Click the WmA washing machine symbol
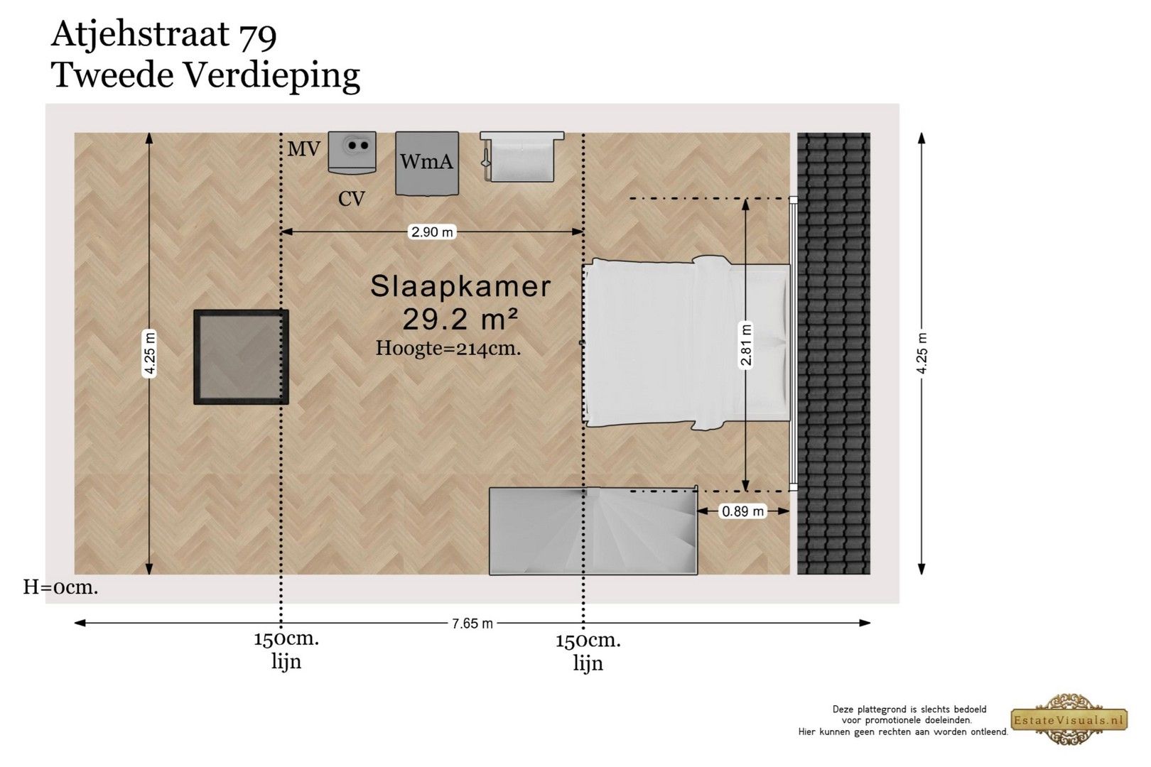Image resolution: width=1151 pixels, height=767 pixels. [426, 163]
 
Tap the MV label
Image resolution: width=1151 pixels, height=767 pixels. [303, 149]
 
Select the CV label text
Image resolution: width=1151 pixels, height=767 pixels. [352, 199]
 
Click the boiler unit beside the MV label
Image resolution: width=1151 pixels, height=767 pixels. [352, 152]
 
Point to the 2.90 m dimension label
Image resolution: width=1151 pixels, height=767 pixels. [432, 232]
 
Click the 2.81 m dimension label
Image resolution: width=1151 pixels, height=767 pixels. [746, 344]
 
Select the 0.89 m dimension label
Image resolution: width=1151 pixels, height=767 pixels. [742, 511]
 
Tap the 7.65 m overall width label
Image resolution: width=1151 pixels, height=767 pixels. [472, 624]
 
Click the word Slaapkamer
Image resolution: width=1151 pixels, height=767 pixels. [460, 286]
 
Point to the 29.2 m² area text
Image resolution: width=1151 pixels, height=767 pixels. [460, 320]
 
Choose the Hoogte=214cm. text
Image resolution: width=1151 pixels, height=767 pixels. [448, 348]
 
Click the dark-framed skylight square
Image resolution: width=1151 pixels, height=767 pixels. [241, 357]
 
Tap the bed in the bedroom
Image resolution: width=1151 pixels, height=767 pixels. [686, 343]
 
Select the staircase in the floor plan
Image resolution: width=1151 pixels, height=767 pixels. [593, 531]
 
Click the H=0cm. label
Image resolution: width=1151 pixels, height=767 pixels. [60, 587]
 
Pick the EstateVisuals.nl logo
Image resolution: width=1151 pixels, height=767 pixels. [1069, 719]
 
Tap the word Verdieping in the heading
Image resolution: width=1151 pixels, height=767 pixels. [271, 76]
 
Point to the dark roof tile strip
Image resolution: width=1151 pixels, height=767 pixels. [833, 354]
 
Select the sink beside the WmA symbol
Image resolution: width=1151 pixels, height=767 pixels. [522, 157]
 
